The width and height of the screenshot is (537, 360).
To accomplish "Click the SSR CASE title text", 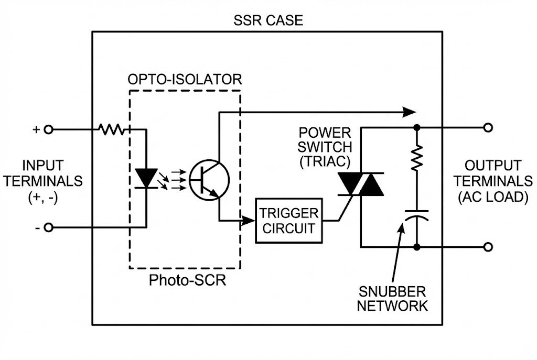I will [x=268, y=21].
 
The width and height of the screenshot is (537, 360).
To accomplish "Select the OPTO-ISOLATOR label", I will [x=185, y=80].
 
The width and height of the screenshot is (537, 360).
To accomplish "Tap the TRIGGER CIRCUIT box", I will [x=288, y=221].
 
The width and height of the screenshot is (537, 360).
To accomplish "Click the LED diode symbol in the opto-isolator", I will [x=146, y=177].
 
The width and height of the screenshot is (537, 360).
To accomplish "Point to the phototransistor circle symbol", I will [x=209, y=179].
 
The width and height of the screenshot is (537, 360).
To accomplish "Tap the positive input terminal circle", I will [x=48, y=129].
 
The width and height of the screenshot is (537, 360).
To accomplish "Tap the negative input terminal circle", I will [x=48, y=227].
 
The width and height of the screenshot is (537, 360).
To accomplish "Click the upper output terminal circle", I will [x=488, y=127].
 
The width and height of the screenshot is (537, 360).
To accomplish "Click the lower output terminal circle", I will [x=488, y=246].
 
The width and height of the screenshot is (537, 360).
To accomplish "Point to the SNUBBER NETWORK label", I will [x=392, y=299].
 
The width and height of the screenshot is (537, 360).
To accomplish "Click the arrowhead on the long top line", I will [x=409, y=112].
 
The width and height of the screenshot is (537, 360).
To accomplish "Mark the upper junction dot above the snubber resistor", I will [x=417, y=127].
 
